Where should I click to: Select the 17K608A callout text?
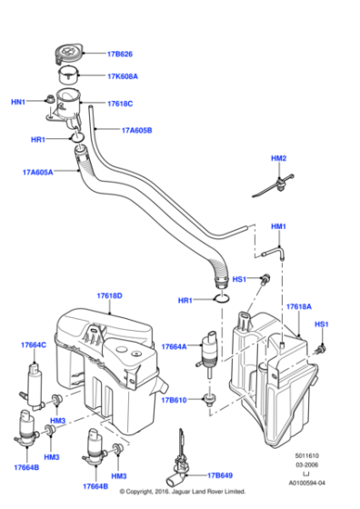(x=128, y=78)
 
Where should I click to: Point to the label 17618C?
(x=122, y=104)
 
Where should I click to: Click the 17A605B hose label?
(x=137, y=130)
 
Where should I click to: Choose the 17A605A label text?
(x=36, y=171)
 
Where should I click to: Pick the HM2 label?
(x=278, y=159)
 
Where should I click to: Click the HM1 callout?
(x=278, y=225)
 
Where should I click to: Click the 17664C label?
(x=35, y=345)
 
